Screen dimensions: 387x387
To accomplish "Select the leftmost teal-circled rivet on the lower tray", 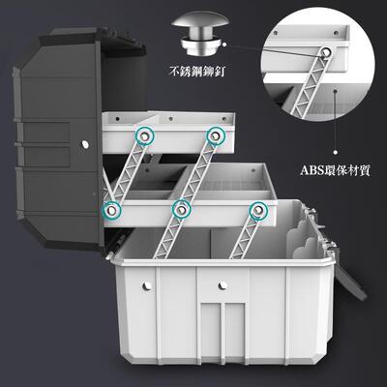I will click(113, 208).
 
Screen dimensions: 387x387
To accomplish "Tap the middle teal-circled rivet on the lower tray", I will click(181, 208).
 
